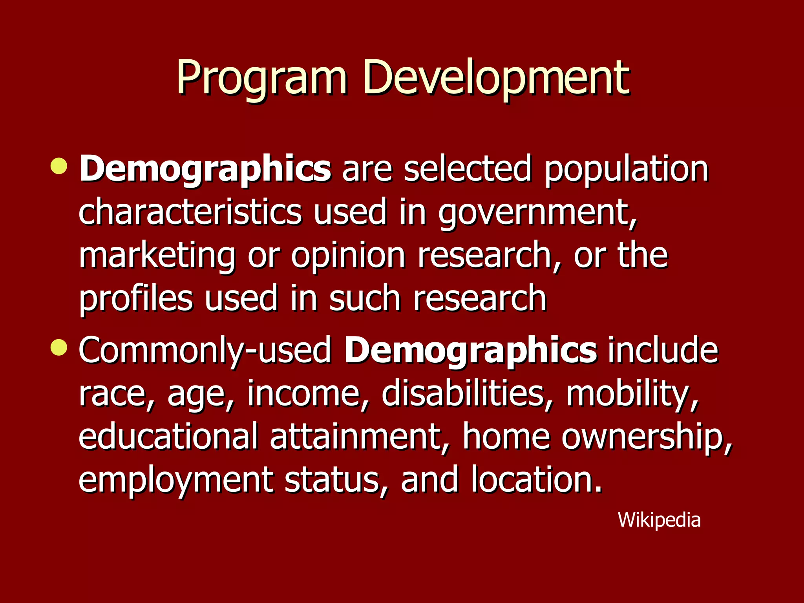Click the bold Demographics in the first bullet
pos(205,169)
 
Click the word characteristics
pos(190,212)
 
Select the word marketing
pos(157,256)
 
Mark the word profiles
pos(136,299)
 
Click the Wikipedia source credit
pos(659,520)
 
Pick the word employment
pos(176,481)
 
